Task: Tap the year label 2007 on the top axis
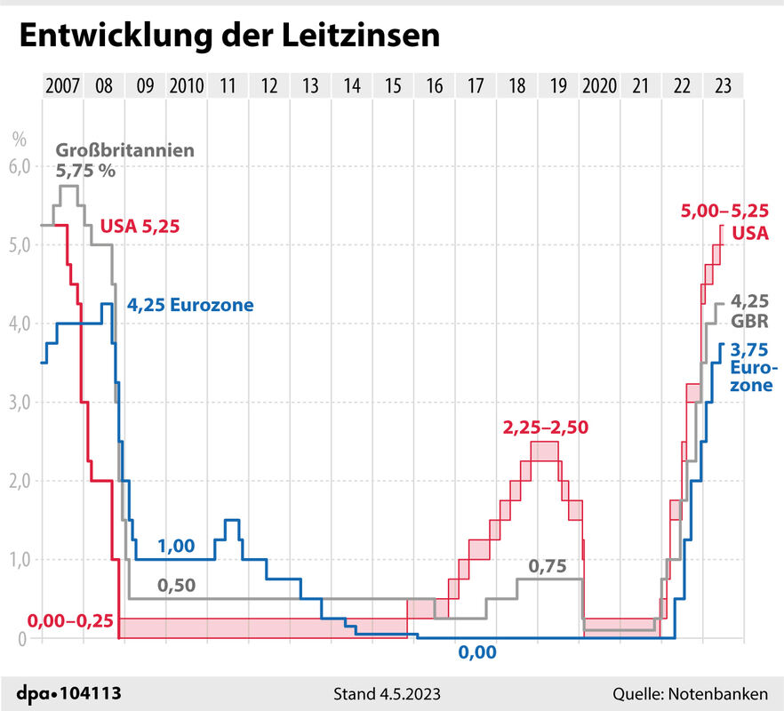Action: tap(62, 86)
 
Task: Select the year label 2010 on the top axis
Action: tap(187, 86)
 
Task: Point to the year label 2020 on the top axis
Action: tap(599, 86)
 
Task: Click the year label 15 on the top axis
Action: tap(394, 86)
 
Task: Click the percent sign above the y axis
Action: tap(20, 139)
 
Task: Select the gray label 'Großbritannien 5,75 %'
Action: tap(125, 161)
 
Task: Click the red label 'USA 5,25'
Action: tap(140, 226)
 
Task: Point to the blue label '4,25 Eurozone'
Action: tap(190, 305)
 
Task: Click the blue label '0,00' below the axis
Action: tap(477, 653)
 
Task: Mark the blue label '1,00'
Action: tap(176, 547)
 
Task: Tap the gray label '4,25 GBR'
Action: tap(749, 310)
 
